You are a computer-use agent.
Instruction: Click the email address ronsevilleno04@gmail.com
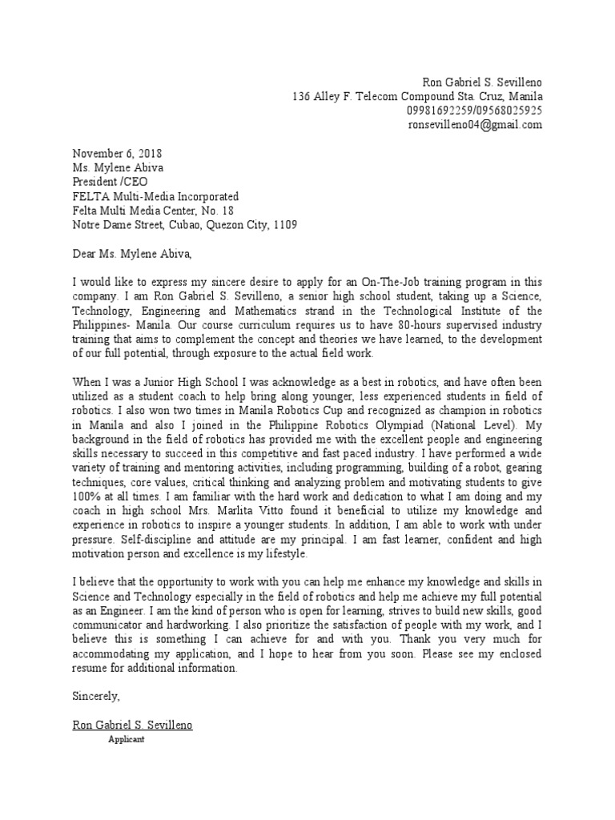pyautogui.click(x=475, y=125)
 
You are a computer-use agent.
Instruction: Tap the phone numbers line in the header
pyautogui.click(x=475, y=111)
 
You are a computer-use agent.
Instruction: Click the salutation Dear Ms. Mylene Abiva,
pyautogui.click(x=133, y=255)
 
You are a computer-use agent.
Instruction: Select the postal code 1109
pyautogui.click(x=284, y=225)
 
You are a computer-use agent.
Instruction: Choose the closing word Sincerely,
pyautogui.click(x=96, y=697)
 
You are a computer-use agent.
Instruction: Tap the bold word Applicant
pyautogui.click(x=127, y=740)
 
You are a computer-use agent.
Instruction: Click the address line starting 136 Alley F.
pyautogui.click(x=417, y=96)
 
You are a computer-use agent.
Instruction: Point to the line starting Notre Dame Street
pyautogui.click(x=185, y=225)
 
